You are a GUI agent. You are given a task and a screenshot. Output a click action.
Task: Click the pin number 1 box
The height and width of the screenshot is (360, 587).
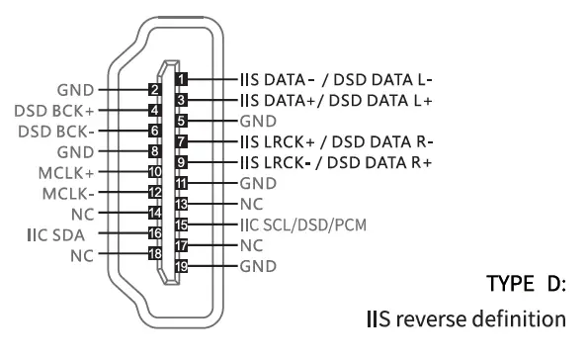180,76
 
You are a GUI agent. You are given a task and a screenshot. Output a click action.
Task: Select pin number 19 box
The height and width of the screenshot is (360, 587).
180,266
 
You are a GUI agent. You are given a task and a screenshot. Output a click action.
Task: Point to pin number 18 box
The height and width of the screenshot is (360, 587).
154,255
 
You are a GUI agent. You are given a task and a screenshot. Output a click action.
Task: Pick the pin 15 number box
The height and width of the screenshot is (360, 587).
180,225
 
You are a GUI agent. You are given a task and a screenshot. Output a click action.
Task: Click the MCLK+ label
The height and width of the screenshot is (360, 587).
65,172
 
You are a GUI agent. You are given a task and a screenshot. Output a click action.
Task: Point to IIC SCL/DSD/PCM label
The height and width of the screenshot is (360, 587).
300,225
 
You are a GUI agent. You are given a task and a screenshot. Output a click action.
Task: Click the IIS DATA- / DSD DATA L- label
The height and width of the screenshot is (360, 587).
337,76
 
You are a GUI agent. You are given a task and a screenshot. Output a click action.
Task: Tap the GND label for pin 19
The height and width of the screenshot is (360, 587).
257,266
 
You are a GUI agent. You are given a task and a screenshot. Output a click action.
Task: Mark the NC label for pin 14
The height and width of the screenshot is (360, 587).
80,213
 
